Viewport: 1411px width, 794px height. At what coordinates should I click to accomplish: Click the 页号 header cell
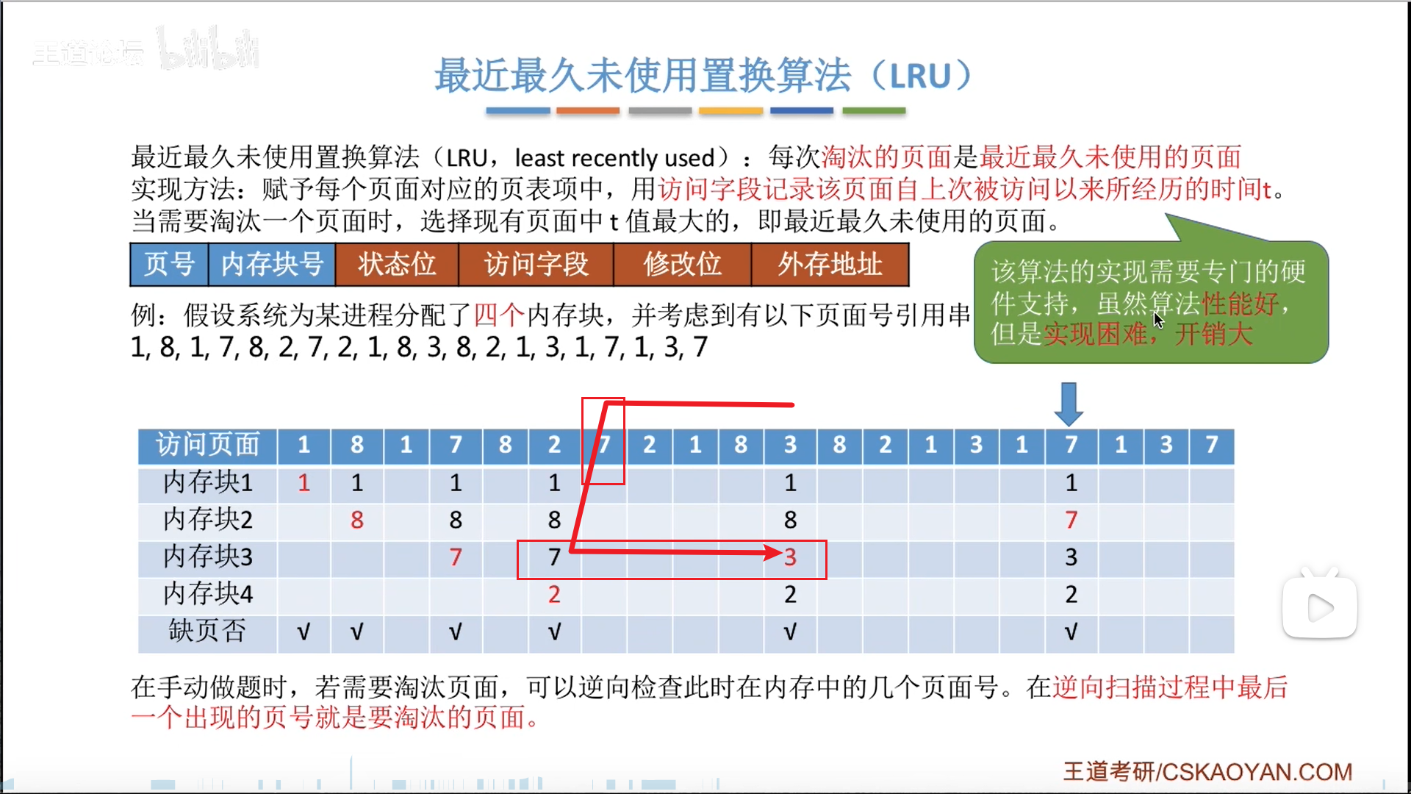pyautogui.click(x=169, y=265)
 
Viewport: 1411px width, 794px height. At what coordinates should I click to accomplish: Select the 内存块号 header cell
pyautogui.click(x=272, y=265)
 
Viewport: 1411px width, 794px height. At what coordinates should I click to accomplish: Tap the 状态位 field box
pyautogui.click(x=397, y=265)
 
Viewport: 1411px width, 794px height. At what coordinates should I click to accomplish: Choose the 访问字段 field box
pyautogui.click(x=536, y=265)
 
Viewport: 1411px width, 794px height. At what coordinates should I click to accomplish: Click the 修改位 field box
pyautogui.click(x=682, y=265)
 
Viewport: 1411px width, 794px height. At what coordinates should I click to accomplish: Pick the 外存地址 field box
pyautogui.click(x=830, y=265)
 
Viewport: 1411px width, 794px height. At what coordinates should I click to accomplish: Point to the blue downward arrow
pyautogui.click(x=1069, y=404)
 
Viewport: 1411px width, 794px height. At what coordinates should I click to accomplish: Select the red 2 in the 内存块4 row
pyautogui.click(x=554, y=594)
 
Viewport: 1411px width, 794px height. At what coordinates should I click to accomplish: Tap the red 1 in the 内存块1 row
pyautogui.click(x=304, y=483)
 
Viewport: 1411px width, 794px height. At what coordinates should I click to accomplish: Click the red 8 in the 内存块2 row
pyautogui.click(x=357, y=520)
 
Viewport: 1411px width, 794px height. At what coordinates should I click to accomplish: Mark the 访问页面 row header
pyautogui.click(x=207, y=445)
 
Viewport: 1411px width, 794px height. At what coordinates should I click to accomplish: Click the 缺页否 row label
pyautogui.click(x=207, y=631)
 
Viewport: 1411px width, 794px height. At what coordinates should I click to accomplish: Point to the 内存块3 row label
pyautogui.click(x=207, y=557)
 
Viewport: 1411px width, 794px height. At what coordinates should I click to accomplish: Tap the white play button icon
pyautogui.click(x=1320, y=608)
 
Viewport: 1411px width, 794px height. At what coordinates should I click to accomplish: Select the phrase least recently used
pyautogui.click(x=614, y=158)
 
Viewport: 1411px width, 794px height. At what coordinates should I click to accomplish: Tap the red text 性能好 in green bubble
pyautogui.click(x=1240, y=303)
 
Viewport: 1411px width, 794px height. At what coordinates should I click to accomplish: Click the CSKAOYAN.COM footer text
pyautogui.click(x=1257, y=772)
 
